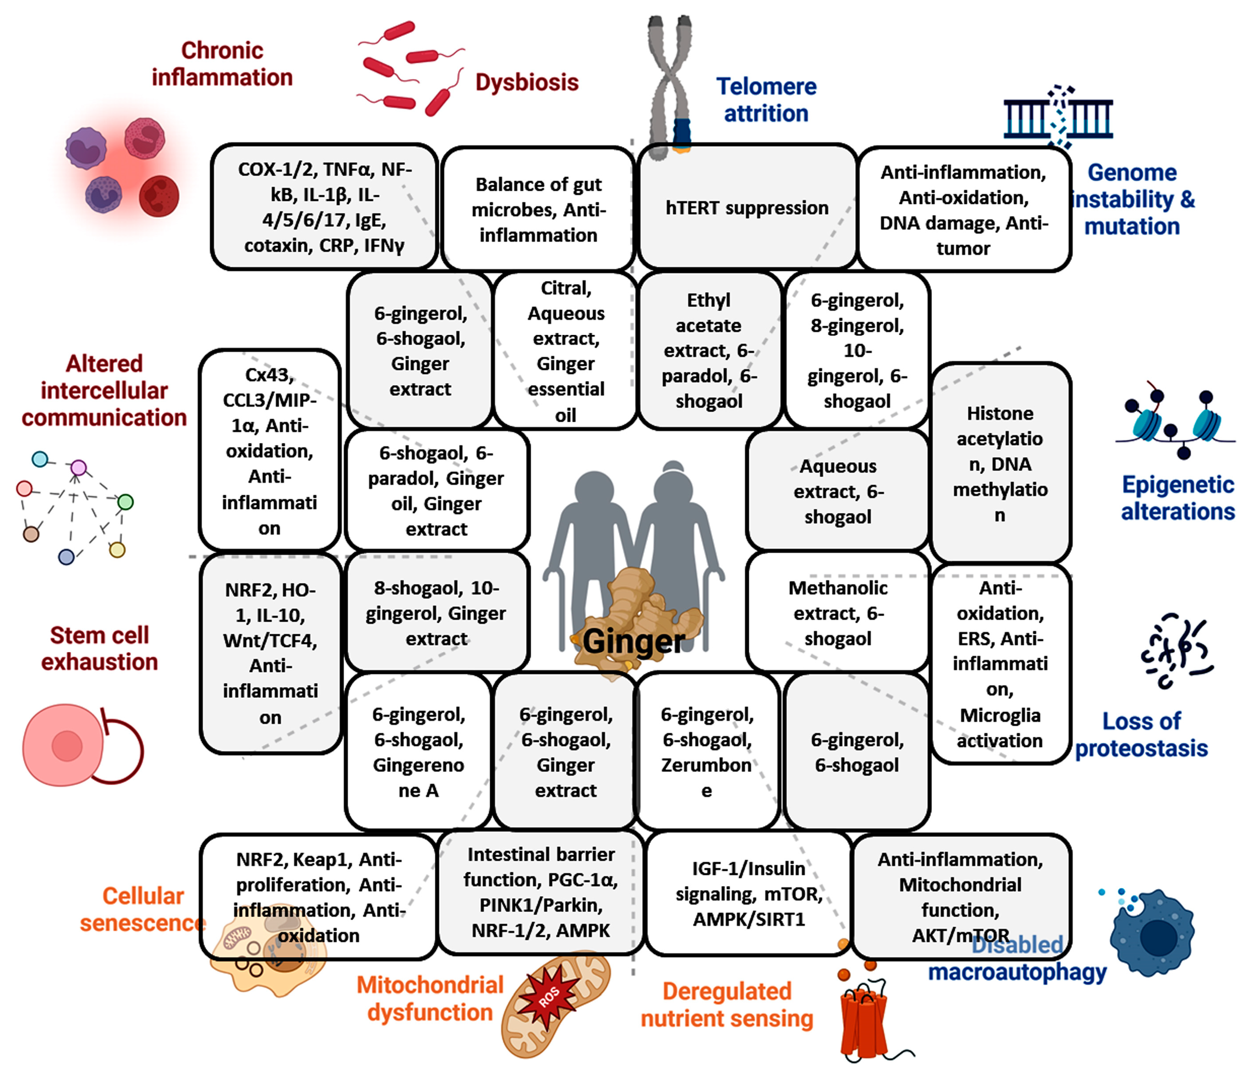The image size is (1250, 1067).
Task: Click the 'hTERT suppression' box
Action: click(747, 208)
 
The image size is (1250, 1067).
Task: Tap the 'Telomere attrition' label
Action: click(766, 100)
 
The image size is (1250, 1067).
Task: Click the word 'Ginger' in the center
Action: click(633, 641)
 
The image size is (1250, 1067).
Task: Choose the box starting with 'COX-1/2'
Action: click(324, 207)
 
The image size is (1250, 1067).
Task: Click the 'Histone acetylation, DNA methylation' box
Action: click(1000, 463)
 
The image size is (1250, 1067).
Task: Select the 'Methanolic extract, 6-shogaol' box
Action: click(837, 612)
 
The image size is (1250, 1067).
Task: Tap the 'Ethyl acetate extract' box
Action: click(709, 350)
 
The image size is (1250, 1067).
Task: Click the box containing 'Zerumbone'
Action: click(706, 752)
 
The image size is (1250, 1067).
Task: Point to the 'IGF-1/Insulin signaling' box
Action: click(749, 893)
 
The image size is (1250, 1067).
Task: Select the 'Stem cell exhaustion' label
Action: click(100, 648)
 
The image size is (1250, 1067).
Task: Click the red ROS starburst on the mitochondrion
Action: click(549, 996)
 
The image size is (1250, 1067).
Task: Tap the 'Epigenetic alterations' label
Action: click(1177, 498)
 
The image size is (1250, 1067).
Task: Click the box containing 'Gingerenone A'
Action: click(419, 752)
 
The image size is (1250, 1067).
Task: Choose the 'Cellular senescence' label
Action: click(142, 909)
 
